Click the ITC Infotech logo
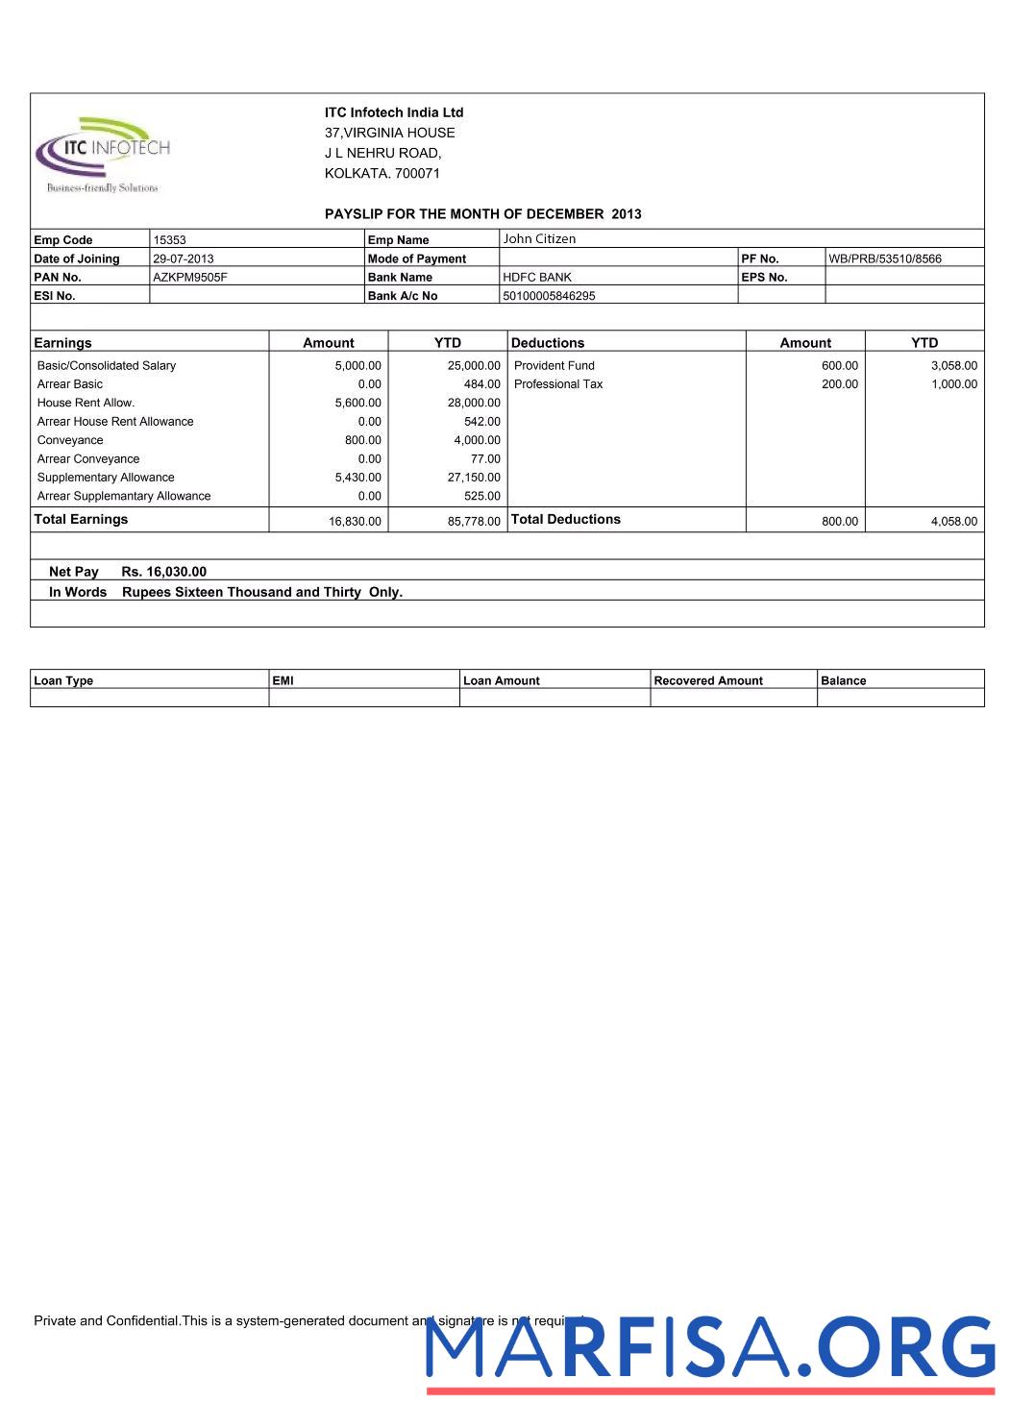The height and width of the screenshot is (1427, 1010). (x=103, y=155)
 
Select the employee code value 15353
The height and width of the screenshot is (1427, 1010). (x=169, y=240)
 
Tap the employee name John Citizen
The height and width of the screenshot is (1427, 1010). (x=539, y=239)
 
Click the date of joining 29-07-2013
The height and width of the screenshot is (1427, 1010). (x=184, y=258)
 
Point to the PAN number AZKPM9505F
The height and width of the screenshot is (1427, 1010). (x=190, y=277)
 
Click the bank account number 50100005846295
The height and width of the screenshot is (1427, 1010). (x=549, y=296)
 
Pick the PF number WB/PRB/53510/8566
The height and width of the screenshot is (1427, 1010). (x=884, y=258)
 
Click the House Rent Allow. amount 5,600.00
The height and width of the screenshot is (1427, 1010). (x=357, y=403)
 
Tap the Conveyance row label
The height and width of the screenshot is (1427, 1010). (x=70, y=440)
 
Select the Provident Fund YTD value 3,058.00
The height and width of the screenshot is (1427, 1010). (x=953, y=365)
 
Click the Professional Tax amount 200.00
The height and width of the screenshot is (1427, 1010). (x=839, y=384)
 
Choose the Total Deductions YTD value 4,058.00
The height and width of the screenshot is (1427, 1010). (x=953, y=521)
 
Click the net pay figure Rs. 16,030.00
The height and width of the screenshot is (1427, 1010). (x=163, y=572)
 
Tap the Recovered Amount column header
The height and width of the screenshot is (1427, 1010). (x=708, y=680)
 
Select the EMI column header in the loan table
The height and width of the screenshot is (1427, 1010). (x=283, y=680)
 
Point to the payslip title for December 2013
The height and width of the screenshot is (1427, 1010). (x=482, y=214)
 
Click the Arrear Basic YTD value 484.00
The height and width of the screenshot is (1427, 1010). (x=481, y=384)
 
